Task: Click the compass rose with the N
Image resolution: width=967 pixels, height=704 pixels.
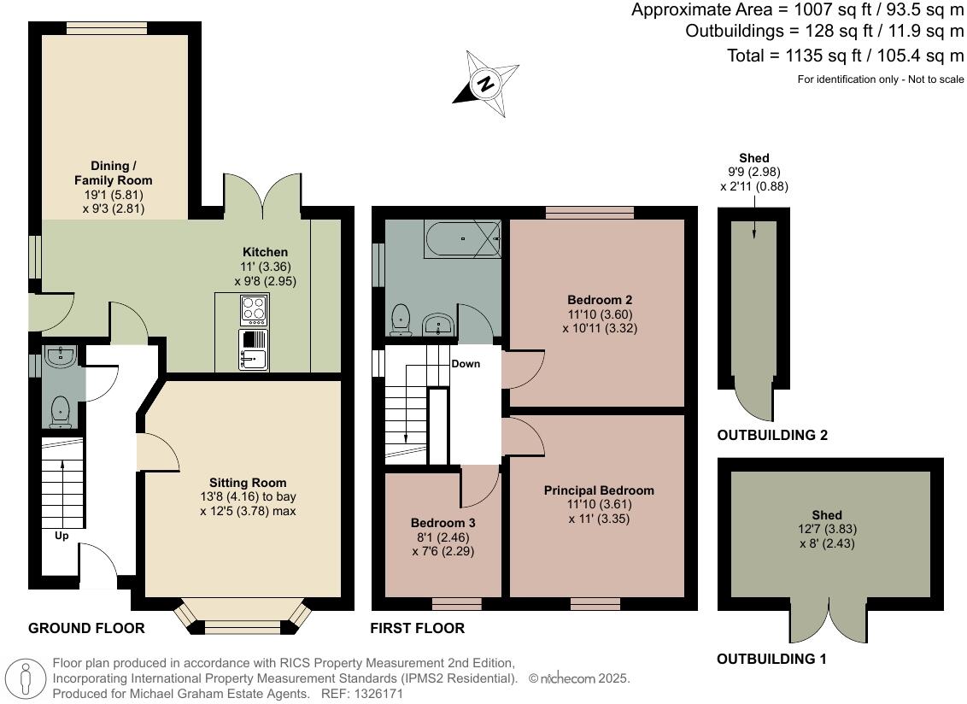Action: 486,83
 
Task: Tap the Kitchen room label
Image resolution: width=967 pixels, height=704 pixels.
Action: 265,252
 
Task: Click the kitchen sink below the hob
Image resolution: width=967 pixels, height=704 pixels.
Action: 255,350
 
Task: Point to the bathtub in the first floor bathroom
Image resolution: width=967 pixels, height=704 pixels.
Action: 461,239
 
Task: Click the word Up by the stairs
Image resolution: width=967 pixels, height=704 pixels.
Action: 62,536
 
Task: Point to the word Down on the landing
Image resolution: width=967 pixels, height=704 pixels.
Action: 466,363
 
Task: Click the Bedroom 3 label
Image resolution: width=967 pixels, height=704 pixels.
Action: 442,523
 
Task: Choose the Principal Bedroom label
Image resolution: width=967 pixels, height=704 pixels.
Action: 599,490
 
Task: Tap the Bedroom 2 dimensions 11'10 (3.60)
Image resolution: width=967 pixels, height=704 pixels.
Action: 599,314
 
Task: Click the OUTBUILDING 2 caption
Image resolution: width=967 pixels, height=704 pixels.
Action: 772,435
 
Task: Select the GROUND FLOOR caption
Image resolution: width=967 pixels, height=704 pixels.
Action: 86,628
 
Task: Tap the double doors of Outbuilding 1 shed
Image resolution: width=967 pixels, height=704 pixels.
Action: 829,620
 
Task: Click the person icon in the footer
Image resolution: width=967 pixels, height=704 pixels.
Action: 26,678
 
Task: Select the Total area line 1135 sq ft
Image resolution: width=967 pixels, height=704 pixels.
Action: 833,56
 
